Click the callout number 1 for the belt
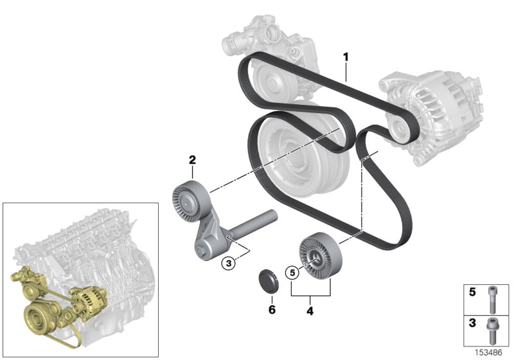pos(346,57)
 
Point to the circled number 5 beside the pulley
pos(292,273)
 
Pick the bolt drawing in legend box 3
pos(492,327)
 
